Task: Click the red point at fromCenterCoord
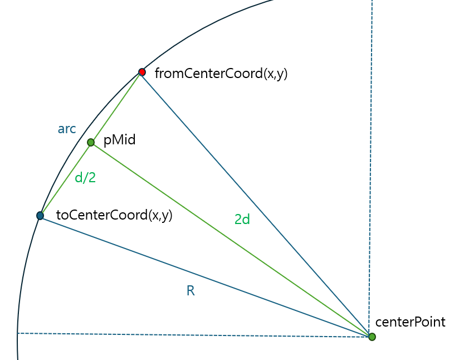(x=142, y=72)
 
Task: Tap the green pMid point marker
(x=91, y=142)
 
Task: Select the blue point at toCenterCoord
(x=40, y=216)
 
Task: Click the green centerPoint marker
(x=372, y=337)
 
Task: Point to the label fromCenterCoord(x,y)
(x=221, y=74)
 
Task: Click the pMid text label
(x=119, y=140)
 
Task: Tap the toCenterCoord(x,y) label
(x=114, y=216)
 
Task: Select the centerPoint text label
(x=410, y=322)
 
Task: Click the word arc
(x=67, y=129)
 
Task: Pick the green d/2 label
(x=85, y=178)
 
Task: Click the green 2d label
(x=242, y=220)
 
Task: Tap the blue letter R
(x=191, y=291)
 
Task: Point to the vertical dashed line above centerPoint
(x=370, y=167)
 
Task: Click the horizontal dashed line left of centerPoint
(x=195, y=335)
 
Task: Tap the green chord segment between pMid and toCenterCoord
(x=65, y=179)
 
